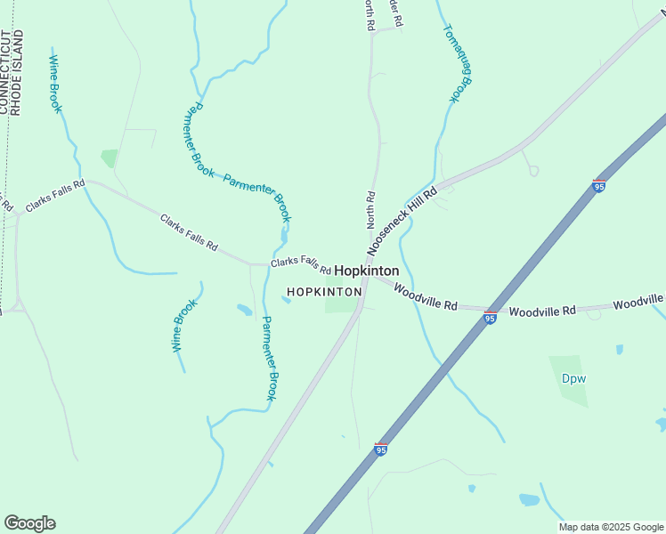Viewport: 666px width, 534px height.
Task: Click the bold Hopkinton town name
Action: [367, 271]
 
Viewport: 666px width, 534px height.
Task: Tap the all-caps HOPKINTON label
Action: [324, 292]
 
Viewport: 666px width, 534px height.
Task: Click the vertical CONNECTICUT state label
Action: [4, 71]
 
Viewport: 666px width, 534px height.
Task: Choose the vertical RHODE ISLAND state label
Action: [18, 71]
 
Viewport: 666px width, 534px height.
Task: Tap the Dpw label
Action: [573, 377]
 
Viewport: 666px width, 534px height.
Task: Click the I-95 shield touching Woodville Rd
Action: [491, 317]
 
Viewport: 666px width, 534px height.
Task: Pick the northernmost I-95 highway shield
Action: [599, 186]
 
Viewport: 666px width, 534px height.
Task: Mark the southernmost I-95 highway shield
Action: [381, 450]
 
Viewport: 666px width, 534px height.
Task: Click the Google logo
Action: [29, 523]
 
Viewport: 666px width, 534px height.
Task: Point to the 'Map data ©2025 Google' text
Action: [612, 527]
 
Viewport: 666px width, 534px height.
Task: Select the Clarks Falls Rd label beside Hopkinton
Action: [301, 264]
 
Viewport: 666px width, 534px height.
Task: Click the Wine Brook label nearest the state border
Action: [56, 85]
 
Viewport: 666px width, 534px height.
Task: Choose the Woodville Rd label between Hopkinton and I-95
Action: [426, 298]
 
